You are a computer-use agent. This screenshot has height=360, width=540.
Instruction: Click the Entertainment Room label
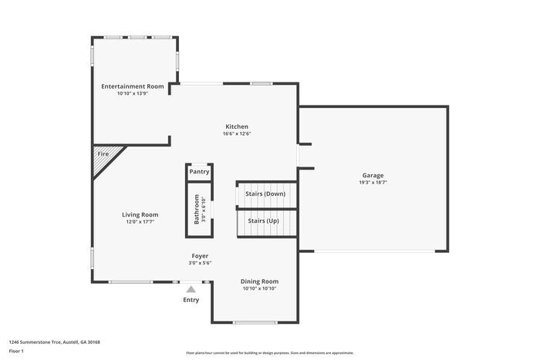tap(132, 86)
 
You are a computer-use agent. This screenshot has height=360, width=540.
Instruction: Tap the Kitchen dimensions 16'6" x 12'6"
tap(237, 134)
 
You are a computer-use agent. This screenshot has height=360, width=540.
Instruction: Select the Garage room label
tap(373, 175)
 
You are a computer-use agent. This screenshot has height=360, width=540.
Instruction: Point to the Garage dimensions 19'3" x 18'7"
tap(373, 183)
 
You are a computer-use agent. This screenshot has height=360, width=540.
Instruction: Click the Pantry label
tap(199, 172)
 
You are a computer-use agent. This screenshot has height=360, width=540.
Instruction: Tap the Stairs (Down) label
tap(265, 193)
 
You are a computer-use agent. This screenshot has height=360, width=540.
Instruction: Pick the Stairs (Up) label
tap(263, 221)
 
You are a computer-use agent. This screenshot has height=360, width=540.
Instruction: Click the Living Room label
tap(140, 214)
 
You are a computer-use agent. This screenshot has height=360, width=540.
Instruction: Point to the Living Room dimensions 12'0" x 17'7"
tap(140, 222)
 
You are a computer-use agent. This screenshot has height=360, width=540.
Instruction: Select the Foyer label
tap(200, 256)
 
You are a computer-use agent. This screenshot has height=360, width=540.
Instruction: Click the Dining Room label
tap(259, 281)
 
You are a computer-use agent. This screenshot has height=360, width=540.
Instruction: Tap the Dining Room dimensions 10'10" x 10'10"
tap(259, 289)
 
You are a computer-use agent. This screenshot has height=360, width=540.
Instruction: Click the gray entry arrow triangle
tap(191, 288)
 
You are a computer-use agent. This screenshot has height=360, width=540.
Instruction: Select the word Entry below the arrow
tap(191, 300)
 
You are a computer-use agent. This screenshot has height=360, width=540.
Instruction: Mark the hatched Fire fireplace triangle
tap(103, 157)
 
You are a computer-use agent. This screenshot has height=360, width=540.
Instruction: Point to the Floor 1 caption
tap(16, 352)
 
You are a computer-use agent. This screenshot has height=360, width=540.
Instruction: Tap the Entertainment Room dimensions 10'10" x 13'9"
tap(132, 94)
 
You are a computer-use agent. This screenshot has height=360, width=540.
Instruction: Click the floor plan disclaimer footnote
tap(269, 352)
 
